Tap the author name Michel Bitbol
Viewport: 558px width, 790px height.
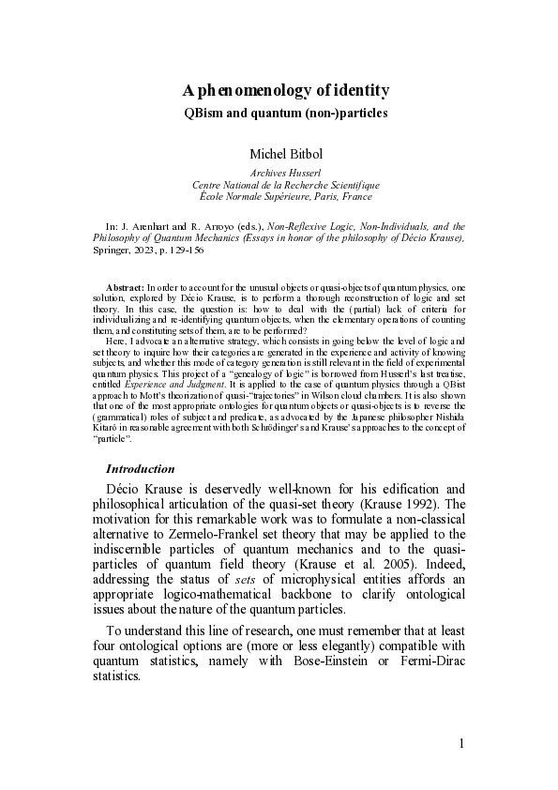pos(285,153)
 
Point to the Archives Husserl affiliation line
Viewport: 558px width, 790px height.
pos(285,174)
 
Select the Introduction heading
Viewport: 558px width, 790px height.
pos(140,467)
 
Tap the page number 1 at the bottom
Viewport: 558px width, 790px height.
pos(461,744)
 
